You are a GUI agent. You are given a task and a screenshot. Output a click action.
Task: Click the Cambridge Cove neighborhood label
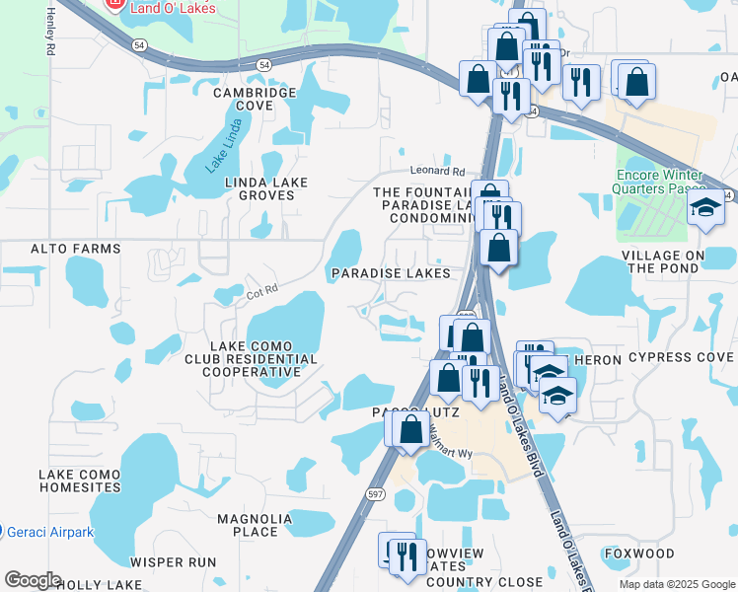(x=256, y=99)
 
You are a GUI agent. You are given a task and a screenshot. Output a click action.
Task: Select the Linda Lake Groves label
(x=266, y=188)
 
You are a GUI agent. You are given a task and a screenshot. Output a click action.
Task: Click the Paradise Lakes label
(x=391, y=273)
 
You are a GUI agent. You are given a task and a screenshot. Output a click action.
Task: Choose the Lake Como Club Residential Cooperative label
(x=251, y=359)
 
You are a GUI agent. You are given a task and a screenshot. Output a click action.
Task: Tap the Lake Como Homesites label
(x=79, y=481)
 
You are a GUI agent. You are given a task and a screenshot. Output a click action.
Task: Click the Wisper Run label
(x=173, y=562)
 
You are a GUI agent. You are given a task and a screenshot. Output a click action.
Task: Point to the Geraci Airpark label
(x=49, y=532)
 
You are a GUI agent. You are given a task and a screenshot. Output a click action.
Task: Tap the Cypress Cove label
(x=682, y=357)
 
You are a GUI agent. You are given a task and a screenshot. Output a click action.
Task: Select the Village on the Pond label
(x=678, y=261)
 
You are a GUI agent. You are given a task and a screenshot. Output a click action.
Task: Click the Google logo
(x=33, y=579)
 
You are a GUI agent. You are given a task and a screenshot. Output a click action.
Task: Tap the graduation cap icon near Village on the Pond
(x=704, y=208)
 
